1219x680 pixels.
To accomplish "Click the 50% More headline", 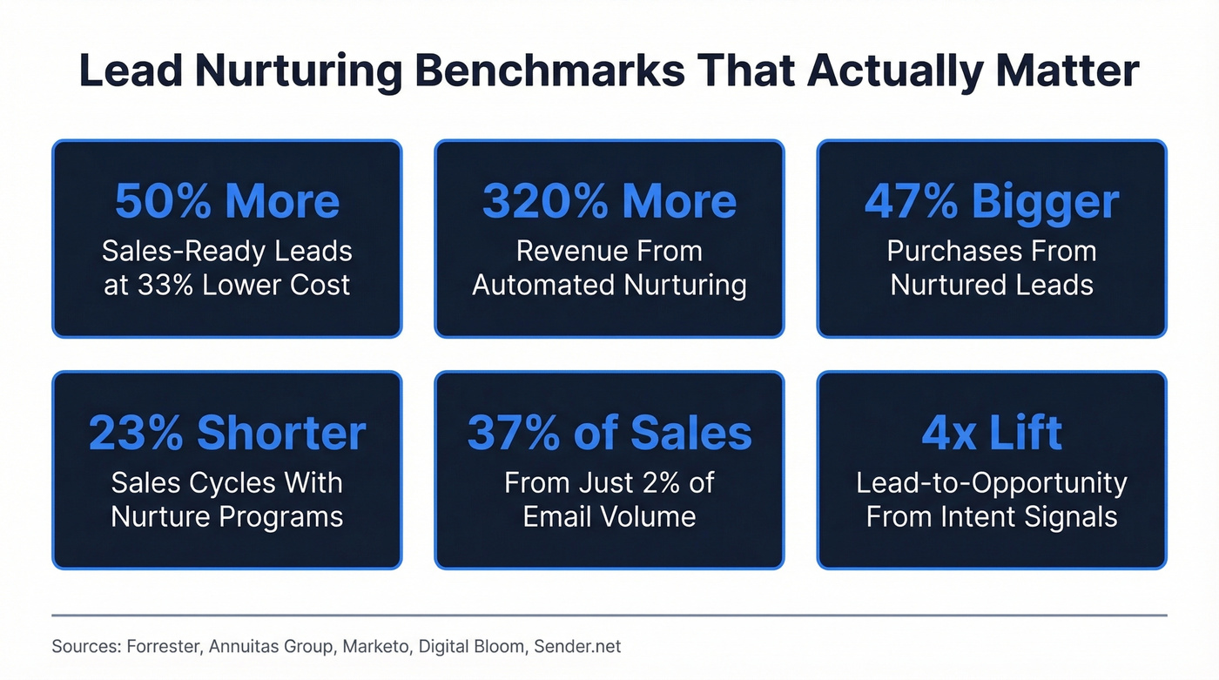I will pos(226,201).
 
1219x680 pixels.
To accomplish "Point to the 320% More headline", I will pos(609,201).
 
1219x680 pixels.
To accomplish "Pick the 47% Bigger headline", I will pos(992,201).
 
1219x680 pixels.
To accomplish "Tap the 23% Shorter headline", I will pos(226,433).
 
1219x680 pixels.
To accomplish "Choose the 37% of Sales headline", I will pos(609,433).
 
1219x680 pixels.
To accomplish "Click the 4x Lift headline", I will pos(992,433).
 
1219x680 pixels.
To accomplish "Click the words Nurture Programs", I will pos(226,516).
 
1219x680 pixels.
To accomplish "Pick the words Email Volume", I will pos(609,516).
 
